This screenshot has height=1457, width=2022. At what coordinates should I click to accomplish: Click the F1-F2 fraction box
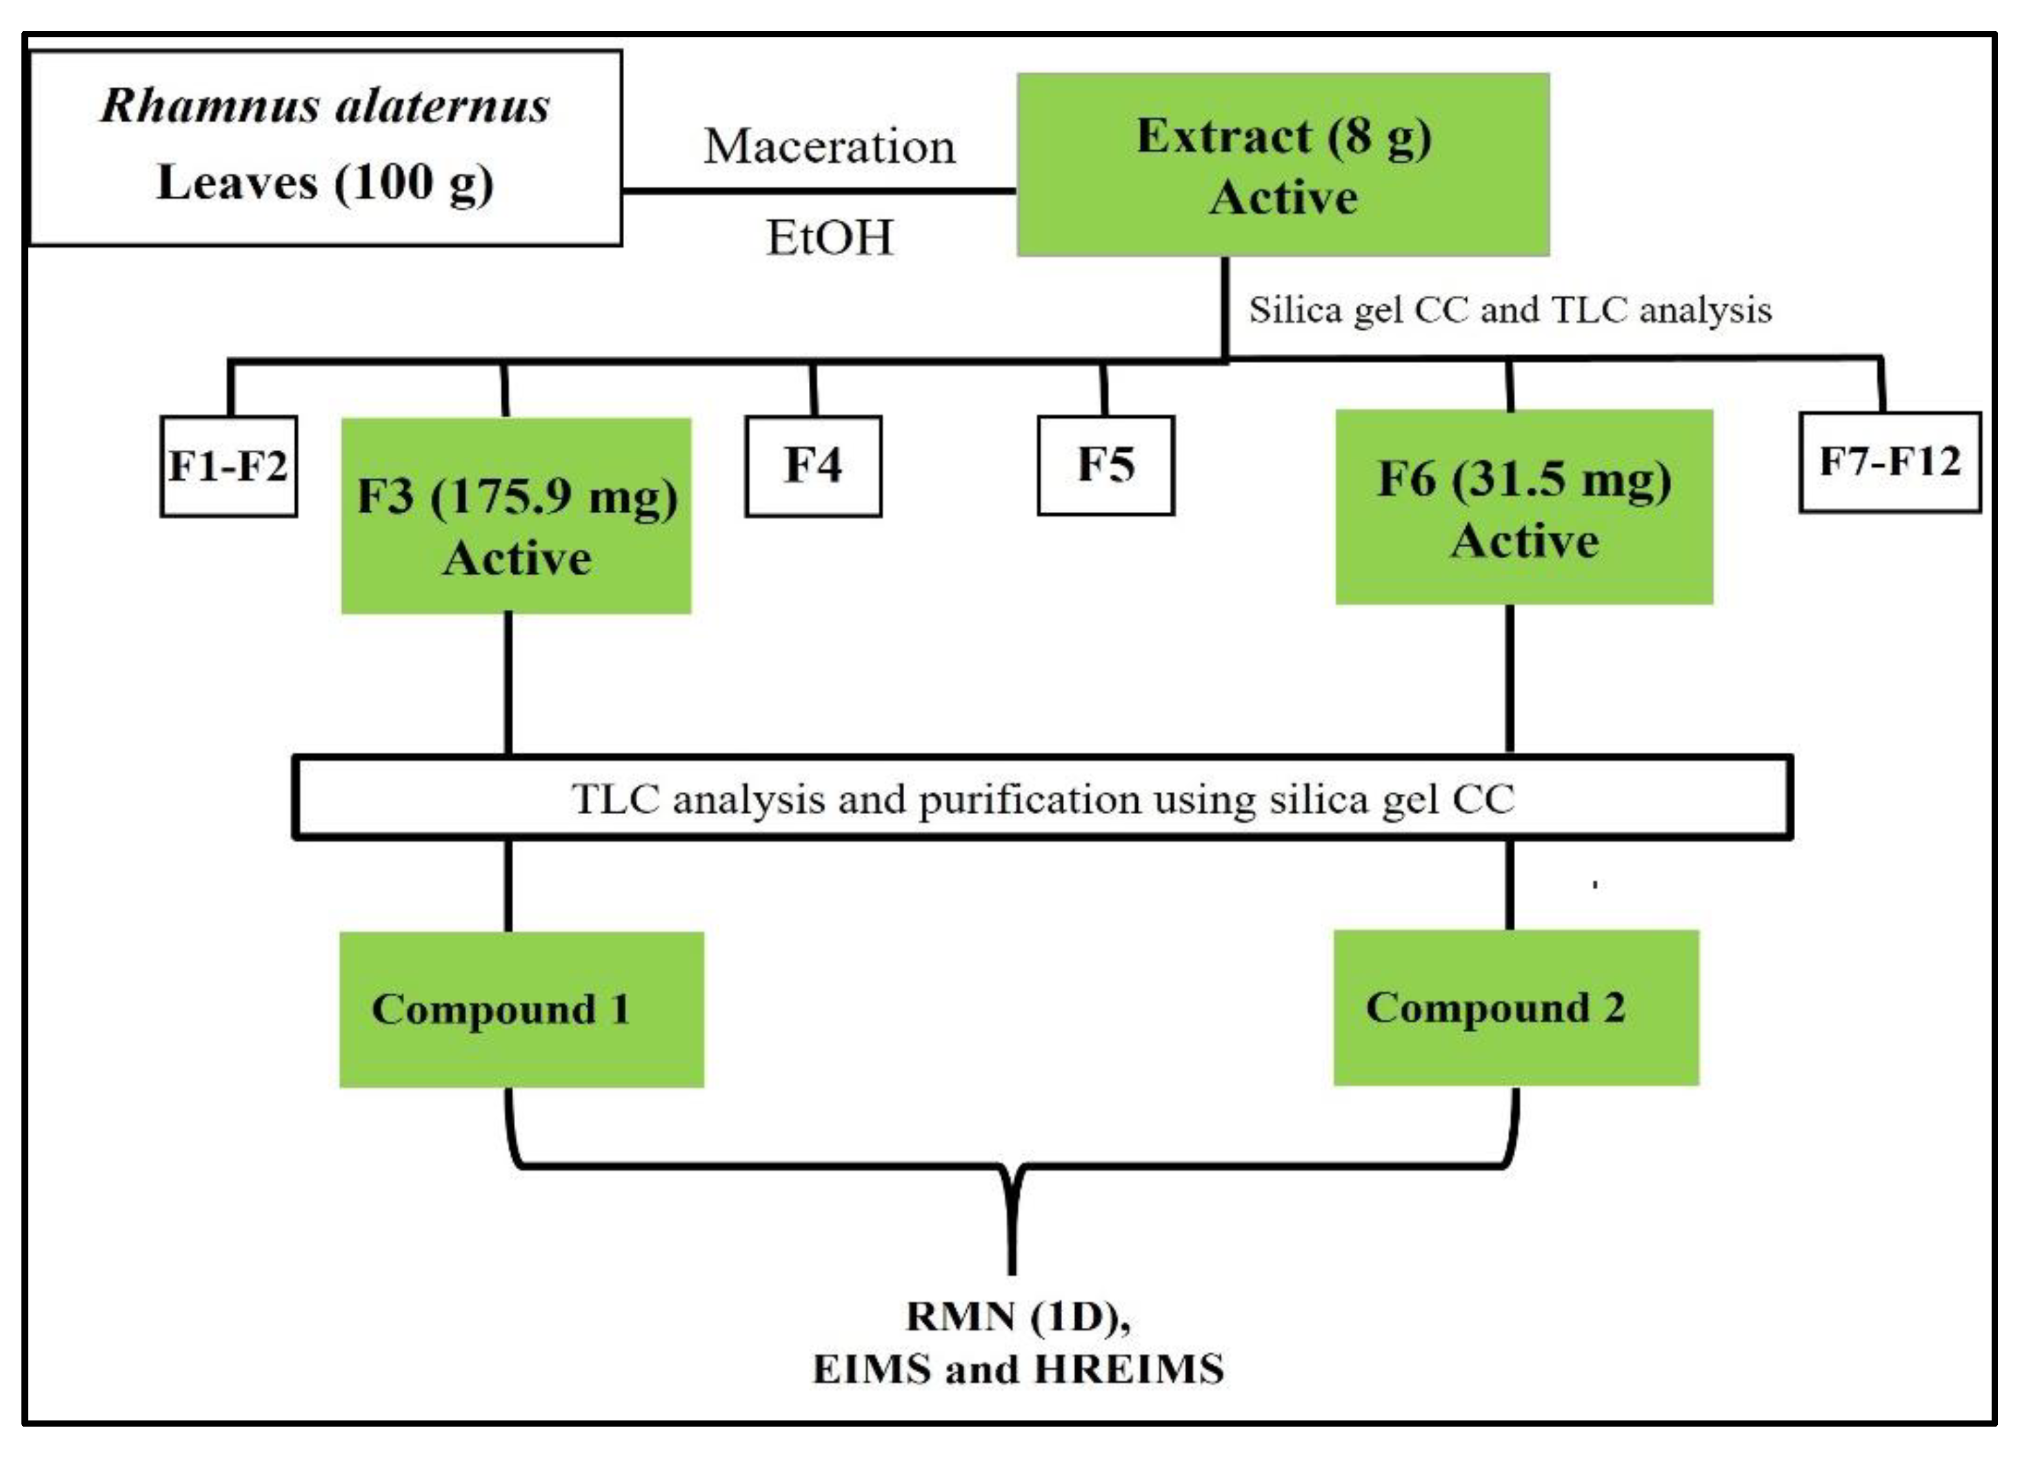click(x=228, y=466)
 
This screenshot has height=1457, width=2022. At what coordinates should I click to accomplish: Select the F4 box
click(x=813, y=466)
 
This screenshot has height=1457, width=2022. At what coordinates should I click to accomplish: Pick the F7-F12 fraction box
click(x=1889, y=462)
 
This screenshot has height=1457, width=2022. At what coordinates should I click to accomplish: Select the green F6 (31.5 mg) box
click(x=1523, y=506)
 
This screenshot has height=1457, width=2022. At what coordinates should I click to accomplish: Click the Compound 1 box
click(x=521, y=1009)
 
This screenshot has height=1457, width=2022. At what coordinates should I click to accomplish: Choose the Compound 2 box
click(x=1516, y=1008)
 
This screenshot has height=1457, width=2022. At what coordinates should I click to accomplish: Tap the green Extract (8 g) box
click(x=1283, y=165)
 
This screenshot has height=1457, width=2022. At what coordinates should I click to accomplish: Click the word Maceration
click(x=829, y=146)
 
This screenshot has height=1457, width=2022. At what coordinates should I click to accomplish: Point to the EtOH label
click(x=829, y=238)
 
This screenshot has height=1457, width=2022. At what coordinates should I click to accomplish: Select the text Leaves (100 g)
click(x=325, y=183)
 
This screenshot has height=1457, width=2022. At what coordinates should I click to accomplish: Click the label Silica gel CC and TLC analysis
click(x=1510, y=310)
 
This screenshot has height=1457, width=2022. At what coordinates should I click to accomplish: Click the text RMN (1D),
click(x=1018, y=1316)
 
